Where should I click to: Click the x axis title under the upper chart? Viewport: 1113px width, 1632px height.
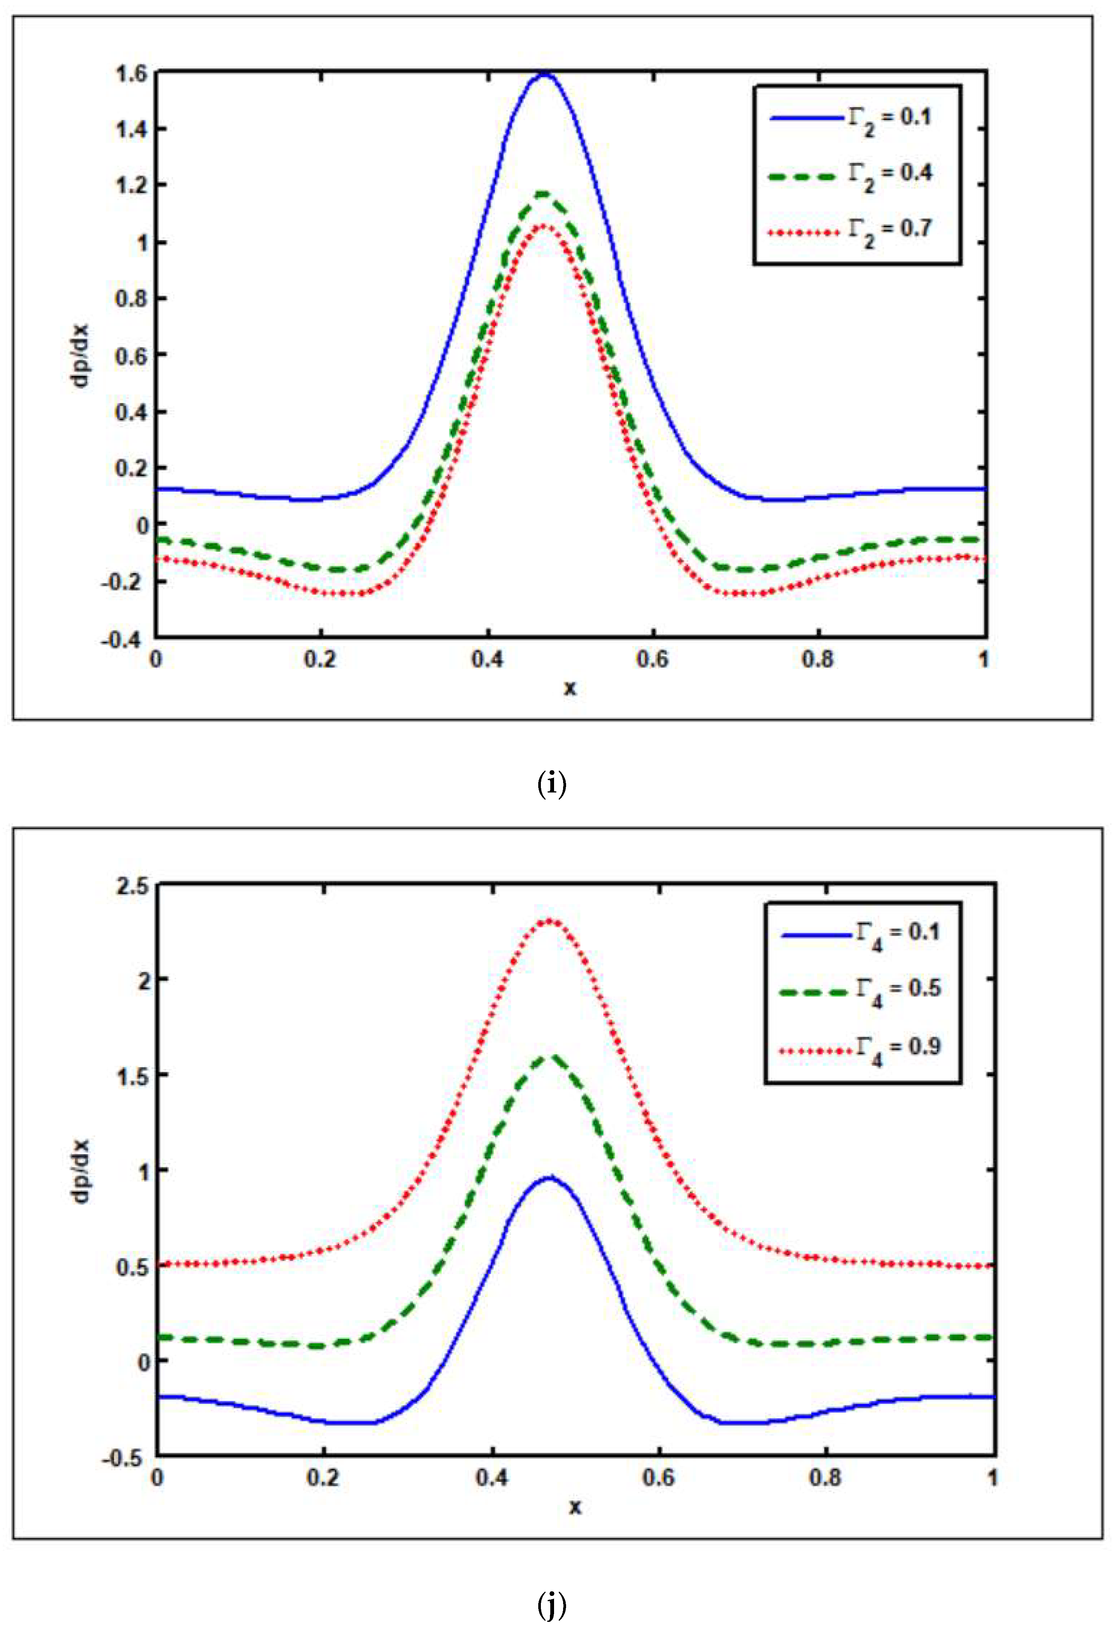point(570,687)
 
